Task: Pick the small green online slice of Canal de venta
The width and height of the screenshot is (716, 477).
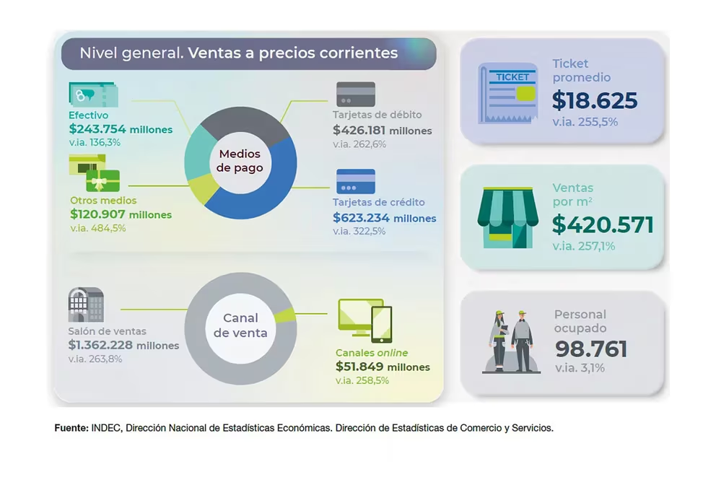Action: point(286,315)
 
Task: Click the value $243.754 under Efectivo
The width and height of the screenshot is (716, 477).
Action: point(97,129)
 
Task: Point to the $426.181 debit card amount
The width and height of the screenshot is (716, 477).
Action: point(359,131)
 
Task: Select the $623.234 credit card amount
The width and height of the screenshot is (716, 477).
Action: point(361,218)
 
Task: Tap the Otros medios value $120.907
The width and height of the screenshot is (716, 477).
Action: point(97,214)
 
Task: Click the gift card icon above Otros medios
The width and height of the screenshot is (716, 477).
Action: point(95,173)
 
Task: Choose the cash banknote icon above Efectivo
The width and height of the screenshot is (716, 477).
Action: point(93,95)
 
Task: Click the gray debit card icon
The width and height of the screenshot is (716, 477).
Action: point(356,95)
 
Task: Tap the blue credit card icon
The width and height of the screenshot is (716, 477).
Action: point(356,182)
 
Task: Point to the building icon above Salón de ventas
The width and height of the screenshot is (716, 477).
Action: point(86,305)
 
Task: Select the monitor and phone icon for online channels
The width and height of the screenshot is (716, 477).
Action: point(364,320)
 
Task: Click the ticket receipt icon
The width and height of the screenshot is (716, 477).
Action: point(508,94)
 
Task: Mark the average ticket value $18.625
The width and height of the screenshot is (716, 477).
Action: point(595,101)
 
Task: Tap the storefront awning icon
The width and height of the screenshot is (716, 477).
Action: point(508,217)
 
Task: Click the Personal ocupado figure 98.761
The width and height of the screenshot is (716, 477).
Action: point(591,349)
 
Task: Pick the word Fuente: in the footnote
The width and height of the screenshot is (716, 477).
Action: point(71,428)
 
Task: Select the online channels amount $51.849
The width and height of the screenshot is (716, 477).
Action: point(359,367)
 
